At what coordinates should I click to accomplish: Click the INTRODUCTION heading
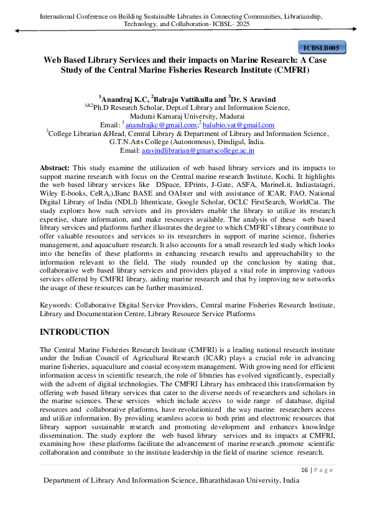click(75, 332)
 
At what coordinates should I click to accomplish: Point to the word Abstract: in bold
click(55, 169)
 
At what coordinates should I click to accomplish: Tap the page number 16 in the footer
click(305, 470)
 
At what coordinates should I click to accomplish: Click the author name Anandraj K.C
click(124, 98)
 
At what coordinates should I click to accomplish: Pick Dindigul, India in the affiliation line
click(237, 142)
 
